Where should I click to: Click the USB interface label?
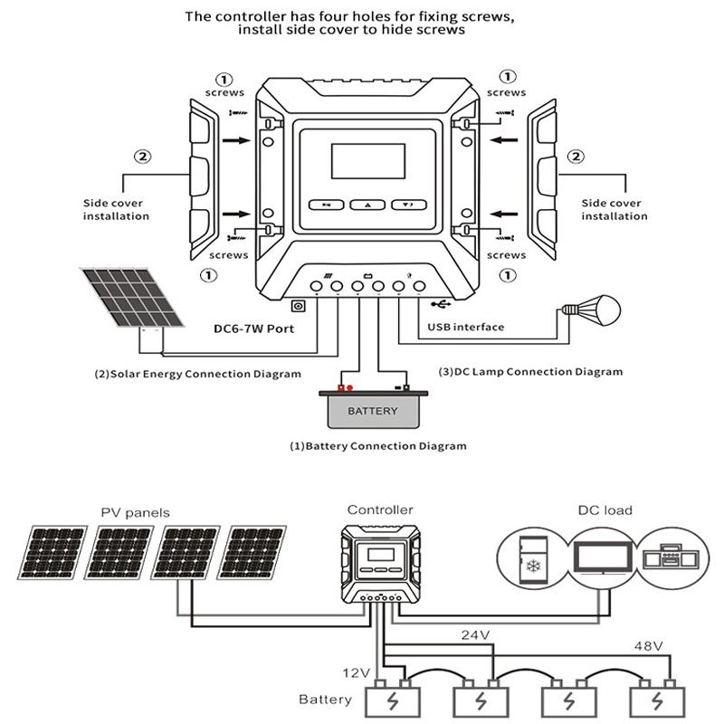click(464, 327)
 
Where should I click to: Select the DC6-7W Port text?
click(255, 329)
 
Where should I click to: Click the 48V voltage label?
click(647, 645)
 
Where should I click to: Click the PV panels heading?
click(135, 512)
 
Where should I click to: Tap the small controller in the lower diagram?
click(380, 563)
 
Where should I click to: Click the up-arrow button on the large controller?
click(366, 205)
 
